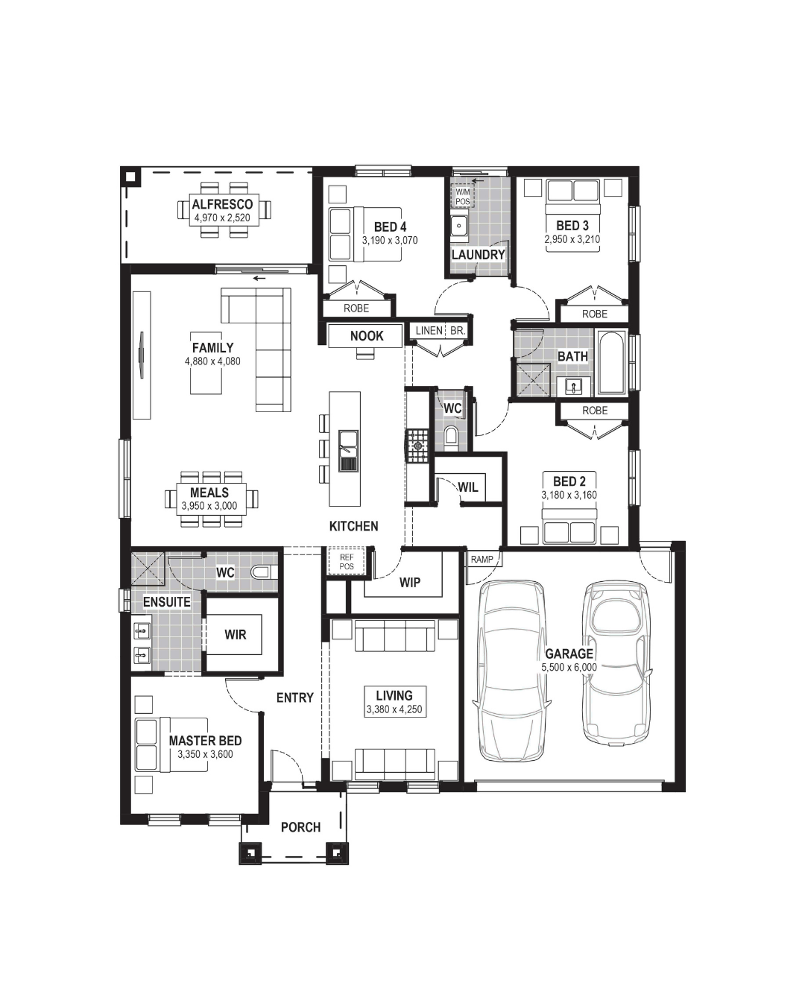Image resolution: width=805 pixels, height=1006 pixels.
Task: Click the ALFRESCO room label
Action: click(222, 204)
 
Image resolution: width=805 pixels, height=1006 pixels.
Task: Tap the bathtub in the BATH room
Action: click(611, 362)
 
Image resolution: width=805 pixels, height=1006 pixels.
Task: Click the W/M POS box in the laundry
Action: click(463, 196)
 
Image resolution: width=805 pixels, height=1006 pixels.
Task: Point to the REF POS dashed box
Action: click(347, 561)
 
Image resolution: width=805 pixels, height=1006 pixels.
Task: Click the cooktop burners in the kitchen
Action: click(417, 446)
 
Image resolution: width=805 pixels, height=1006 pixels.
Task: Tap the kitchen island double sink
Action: click(349, 451)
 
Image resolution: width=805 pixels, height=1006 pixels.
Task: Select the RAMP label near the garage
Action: click(482, 559)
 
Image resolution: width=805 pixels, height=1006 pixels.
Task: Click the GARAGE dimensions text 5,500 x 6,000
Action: click(569, 667)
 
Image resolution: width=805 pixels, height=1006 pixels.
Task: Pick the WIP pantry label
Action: click(410, 582)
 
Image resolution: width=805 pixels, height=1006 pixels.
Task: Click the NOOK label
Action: click(367, 335)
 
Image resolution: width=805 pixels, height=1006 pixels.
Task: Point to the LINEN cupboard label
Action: click(429, 331)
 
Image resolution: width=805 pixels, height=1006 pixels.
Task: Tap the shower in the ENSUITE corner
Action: click(148, 569)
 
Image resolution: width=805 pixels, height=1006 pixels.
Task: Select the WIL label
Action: click(468, 487)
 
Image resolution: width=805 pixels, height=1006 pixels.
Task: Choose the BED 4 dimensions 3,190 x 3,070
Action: click(390, 240)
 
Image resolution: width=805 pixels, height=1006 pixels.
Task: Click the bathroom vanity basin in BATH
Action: click(574, 387)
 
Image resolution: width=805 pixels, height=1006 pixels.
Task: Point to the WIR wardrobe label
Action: click(236, 634)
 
